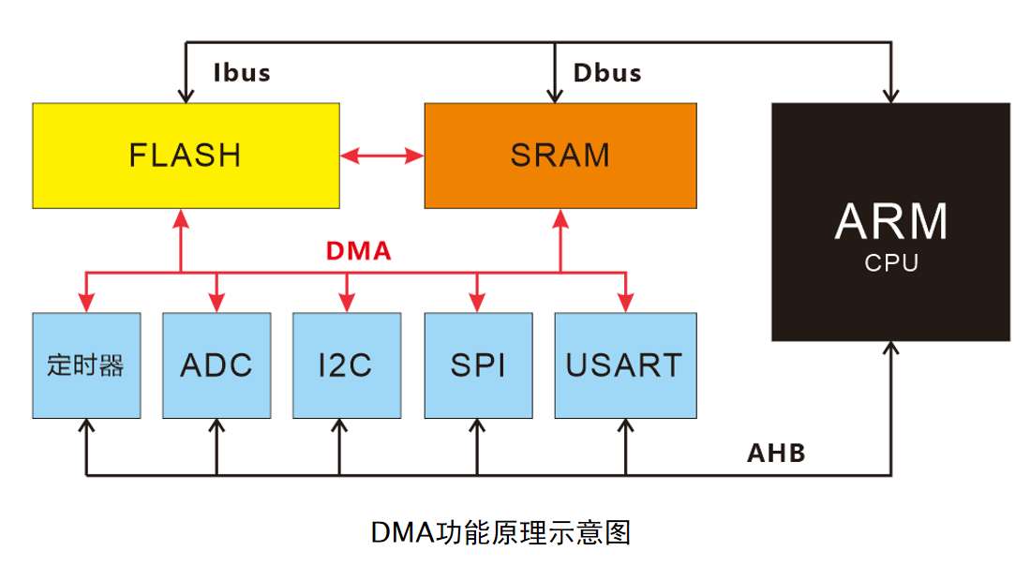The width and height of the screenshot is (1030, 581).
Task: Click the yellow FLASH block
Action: click(186, 155)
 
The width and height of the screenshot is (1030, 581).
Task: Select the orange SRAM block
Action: click(560, 155)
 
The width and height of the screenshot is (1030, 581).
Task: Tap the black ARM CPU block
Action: click(891, 221)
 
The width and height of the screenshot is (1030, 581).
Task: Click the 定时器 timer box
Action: click(85, 365)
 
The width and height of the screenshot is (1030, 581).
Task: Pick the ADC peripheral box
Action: click(216, 365)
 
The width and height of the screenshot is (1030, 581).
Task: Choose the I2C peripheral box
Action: click(347, 365)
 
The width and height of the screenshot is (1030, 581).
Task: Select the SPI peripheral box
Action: click(477, 365)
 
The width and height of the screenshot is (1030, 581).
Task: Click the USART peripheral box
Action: click(625, 365)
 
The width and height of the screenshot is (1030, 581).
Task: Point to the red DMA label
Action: click(358, 251)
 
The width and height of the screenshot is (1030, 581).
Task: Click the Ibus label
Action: click(242, 73)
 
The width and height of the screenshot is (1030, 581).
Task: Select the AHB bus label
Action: click(776, 454)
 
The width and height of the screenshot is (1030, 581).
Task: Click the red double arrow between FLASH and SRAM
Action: click(381, 156)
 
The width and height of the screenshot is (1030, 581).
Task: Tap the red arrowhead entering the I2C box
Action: click(347, 304)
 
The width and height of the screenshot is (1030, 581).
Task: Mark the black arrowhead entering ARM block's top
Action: click(891, 96)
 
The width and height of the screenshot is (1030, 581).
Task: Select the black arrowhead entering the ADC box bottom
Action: click(216, 426)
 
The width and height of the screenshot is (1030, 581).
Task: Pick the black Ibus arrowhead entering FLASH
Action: click(186, 96)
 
